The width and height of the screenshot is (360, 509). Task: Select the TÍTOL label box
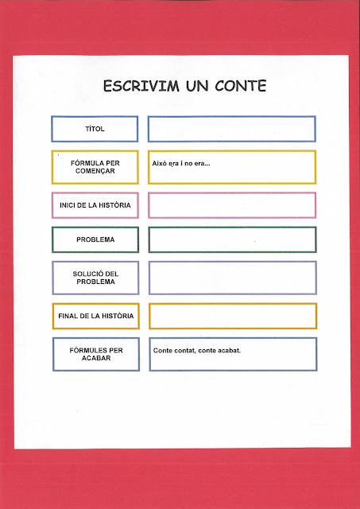coord(95,129)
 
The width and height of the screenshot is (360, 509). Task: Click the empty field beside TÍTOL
coord(231,129)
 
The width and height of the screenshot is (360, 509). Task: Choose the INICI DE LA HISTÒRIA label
coord(95,205)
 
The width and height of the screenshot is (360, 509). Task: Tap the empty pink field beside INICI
coord(231,205)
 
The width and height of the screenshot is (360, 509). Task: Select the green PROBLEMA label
coord(95,239)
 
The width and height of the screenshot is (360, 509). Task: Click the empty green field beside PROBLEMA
coord(231,239)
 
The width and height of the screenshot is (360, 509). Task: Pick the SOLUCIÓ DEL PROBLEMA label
coord(95,278)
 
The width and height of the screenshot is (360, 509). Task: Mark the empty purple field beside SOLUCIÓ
coord(231,278)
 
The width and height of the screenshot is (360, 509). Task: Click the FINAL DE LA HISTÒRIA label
coord(95,316)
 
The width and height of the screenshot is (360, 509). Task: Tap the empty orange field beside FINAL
coord(231,316)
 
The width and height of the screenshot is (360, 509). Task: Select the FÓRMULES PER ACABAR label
coord(95,354)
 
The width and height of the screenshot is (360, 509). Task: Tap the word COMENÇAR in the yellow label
coord(95,171)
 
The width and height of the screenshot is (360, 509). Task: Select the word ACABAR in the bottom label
coord(95,358)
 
